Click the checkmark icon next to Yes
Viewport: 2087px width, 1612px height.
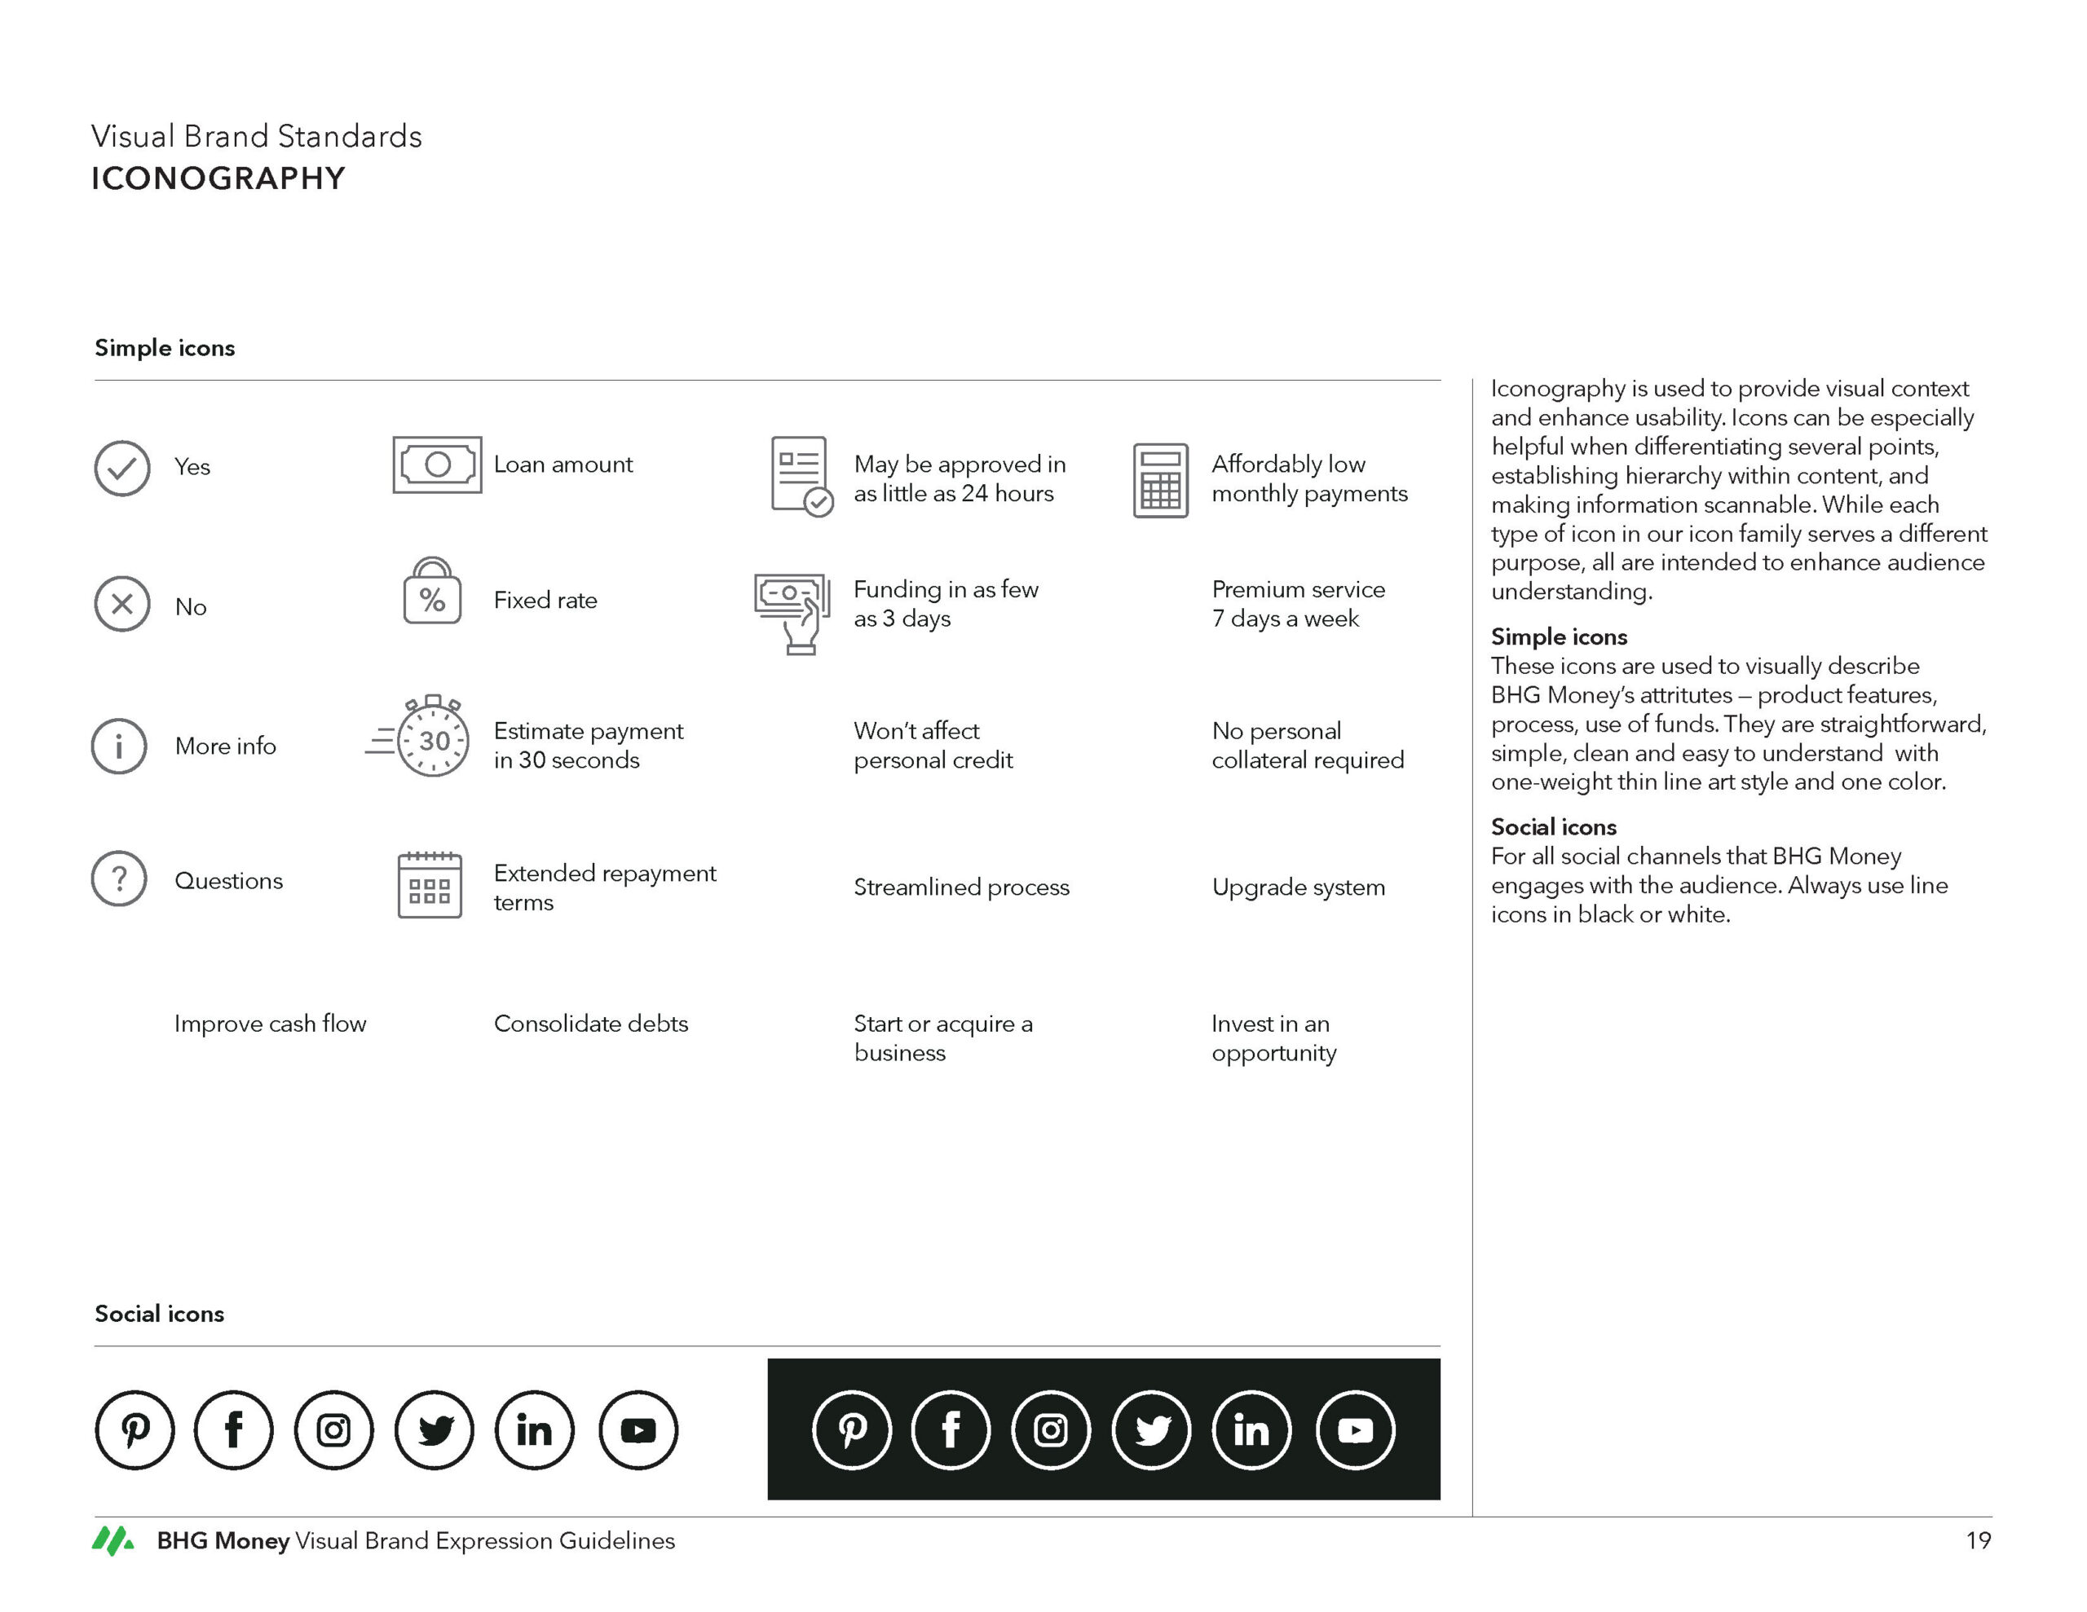pyautogui.click(x=121, y=469)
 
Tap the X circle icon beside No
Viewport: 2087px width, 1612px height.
pyautogui.click(x=121, y=604)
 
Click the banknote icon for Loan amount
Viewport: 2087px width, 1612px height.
pyautogui.click(x=437, y=465)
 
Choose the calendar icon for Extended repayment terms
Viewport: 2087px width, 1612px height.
pyautogui.click(x=429, y=886)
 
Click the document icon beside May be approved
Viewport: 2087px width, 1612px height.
pyautogui.click(x=801, y=476)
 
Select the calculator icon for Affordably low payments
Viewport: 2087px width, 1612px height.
pyautogui.click(x=1160, y=480)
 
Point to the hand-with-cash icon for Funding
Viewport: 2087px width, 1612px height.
pyautogui.click(x=792, y=613)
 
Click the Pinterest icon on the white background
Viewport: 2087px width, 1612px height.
pyautogui.click(x=135, y=1429)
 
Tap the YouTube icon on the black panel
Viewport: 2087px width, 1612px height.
pyautogui.click(x=1355, y=1429)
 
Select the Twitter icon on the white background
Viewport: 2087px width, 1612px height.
pyautogui.click(x=435, y=1429)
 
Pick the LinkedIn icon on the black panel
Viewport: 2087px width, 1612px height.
pyautogui.click(x=1251, y=1429)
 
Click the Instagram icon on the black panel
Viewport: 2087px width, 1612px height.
pyautogui.click(x=1050, y=1429)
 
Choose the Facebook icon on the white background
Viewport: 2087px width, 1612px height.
pyautogui.click(x=233, y=1429)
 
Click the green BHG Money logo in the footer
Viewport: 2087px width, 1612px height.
pyautogui.click(x=113, y=1540)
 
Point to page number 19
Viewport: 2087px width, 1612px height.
pyautogui.click(x=1977, y=1540)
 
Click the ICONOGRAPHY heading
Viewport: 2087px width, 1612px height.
pyautogui.click(x=218, y=178)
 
